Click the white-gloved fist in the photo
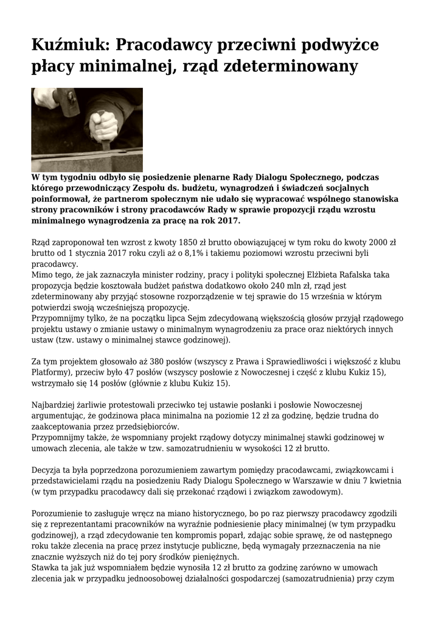click(x=103, y=125)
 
